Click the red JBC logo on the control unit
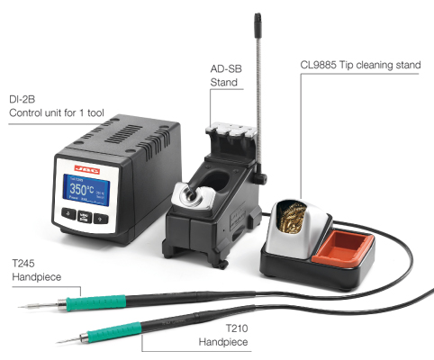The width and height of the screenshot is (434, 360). [86, 170]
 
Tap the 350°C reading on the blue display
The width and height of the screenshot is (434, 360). [82, 190]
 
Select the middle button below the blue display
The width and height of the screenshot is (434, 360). [85, 216]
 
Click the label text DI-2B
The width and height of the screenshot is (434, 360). [23, 99]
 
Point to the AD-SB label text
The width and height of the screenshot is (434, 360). [226, 69]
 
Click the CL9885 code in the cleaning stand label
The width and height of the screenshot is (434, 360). [318, 65]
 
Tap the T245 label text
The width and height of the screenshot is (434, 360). [23, 264]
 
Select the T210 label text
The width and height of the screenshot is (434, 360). [237, 328]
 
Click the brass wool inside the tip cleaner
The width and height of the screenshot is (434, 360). [291, 217]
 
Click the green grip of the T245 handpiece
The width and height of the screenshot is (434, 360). [95, 302]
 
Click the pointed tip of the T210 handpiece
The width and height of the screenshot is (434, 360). [58, 343]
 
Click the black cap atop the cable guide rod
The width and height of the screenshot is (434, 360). [258, 25]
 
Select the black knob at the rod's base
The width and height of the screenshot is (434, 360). [260, 178]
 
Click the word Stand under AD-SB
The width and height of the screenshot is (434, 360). [224, 82]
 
